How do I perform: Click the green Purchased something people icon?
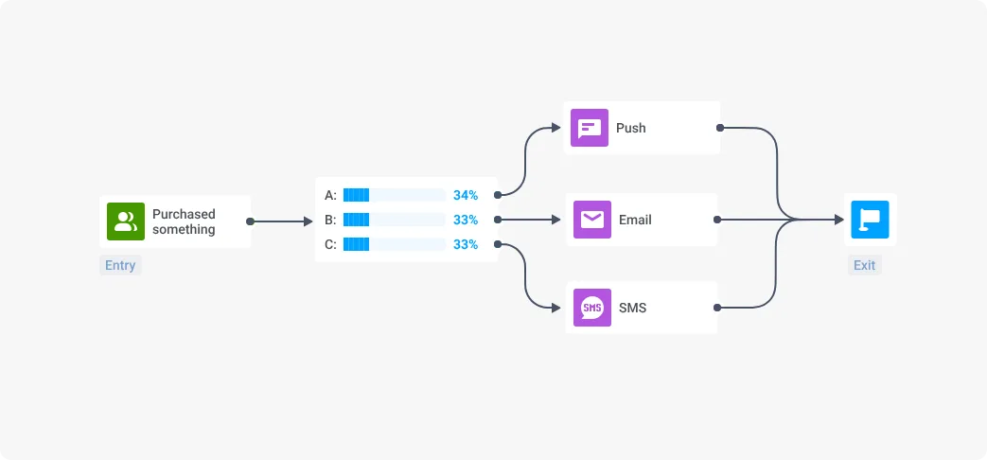coord(125,221)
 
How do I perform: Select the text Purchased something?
coord(184,221)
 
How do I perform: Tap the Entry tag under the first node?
coord(120,265)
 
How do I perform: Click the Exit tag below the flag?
coord(864,265)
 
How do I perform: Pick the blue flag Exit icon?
coord(869,220)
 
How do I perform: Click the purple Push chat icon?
coord(589,128)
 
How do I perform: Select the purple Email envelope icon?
coord(591,220)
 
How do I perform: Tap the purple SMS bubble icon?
coord(591,308)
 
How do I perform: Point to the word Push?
coord(631,128)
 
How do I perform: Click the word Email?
coord(635,220)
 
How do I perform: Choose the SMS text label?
coord(633,308)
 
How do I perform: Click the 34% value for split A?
coord(466,195)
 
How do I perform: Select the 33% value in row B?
coord(466,220)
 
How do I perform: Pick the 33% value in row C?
coord(466,244)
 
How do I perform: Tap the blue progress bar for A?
coord(357,195)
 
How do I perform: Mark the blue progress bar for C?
coord(357,244)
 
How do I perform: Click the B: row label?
coord(330,220)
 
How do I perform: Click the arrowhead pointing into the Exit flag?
coord(838,220)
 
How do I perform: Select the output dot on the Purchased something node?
coord(250,221)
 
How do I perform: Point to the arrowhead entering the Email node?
coord(557,220)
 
